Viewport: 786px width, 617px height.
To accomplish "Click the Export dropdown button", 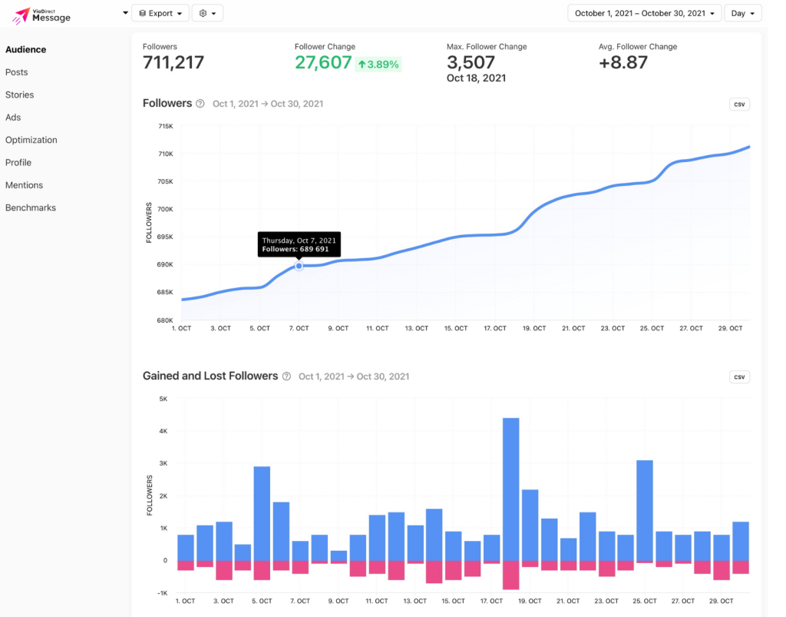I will [x=160, y=13].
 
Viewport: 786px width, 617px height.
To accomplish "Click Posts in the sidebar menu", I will [x=17, y=72].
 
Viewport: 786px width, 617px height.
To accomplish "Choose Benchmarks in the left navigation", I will [x=31, y=207].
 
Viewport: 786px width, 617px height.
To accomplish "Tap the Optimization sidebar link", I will [x=31, y=140].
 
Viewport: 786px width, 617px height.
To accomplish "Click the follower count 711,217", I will [x=173, y=63].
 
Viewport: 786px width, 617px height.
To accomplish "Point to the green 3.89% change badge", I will [x=378, y=65].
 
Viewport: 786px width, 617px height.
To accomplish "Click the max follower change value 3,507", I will [x=471, y=63].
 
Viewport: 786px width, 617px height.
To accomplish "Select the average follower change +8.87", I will [x=623, y=63].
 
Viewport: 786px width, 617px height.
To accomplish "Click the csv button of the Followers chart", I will [x=739, y=104].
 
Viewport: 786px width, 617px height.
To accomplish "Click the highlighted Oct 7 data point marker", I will [x=299, y=266].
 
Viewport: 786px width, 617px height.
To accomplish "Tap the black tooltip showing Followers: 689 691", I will [x=299, y=244].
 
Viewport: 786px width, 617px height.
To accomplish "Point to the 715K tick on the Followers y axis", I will [x=165, y=126].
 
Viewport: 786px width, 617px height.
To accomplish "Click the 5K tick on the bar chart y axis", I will [x=163, y=399].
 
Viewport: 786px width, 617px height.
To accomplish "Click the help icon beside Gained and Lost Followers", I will [x=286, y=377].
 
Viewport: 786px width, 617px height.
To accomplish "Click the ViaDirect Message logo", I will [x=42, y=14].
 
